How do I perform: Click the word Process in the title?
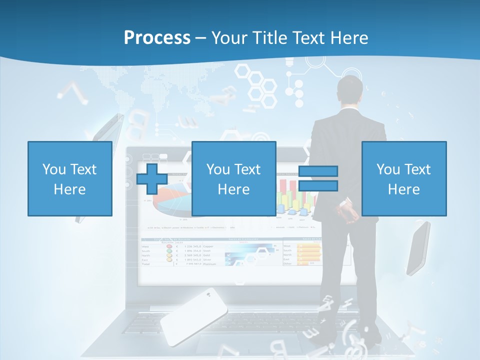(157, 38)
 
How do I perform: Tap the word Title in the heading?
(269, 38)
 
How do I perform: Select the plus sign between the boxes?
(152, 178)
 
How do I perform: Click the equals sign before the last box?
(318, 178)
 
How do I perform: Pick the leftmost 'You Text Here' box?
(69, 178)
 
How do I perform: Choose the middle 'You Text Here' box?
(233, 178)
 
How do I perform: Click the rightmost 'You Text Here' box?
(403, 178)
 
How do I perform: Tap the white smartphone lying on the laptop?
(193, 316)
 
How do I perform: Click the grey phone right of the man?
(418, 248)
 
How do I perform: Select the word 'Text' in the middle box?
(247, 169)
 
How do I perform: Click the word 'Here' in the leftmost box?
(69, 189)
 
